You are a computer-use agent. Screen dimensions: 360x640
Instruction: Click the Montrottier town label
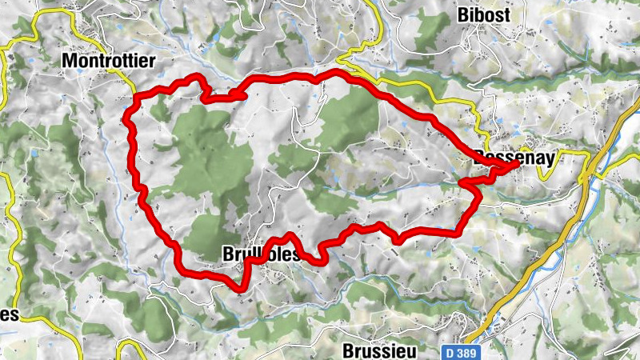[x=109, y=61]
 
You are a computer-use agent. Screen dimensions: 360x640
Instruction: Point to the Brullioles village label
[x=261, y=255]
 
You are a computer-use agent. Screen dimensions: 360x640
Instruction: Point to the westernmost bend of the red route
[x=126, y=120]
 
